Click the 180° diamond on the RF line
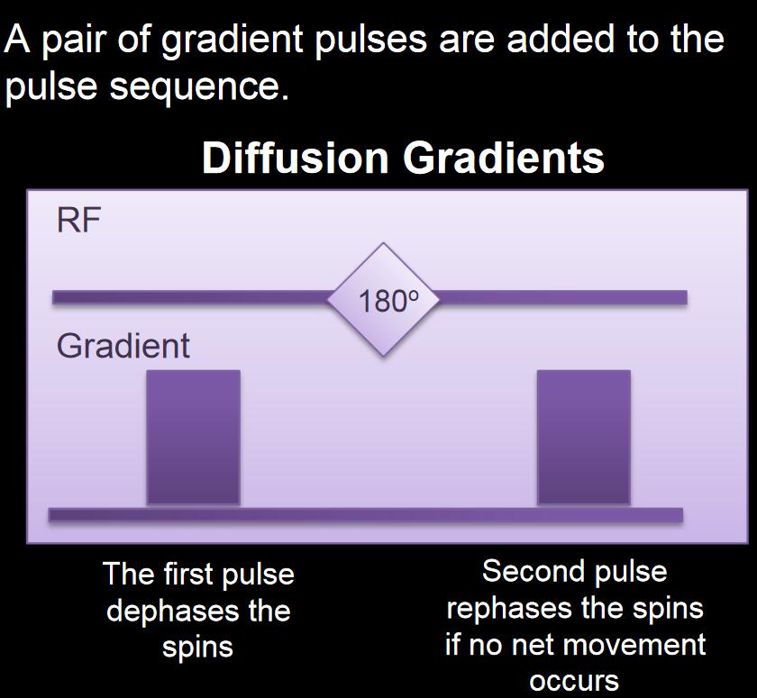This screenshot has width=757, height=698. pyautogui.click(x=383, y=300)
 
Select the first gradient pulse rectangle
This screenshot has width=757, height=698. pyautogui.click(x=193, y=437)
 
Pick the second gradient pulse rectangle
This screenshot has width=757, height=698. pyautogui.click(x=584, y=437)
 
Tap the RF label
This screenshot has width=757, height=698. pyautogui.click(x=78, y=221)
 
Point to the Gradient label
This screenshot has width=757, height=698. pyautogui.click(x=123, y=346)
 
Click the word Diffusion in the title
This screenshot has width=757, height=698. pyautogui.click(x=296, y=158)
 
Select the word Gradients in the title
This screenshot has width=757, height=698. pyautogui.click(x=504, y=158)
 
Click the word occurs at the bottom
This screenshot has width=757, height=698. pyautogui.click(x=574, y=681)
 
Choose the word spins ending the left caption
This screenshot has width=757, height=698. pyautogui.click(x=197, y=648)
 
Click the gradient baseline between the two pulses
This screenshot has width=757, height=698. pyautogui.click(x=388, y=514)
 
